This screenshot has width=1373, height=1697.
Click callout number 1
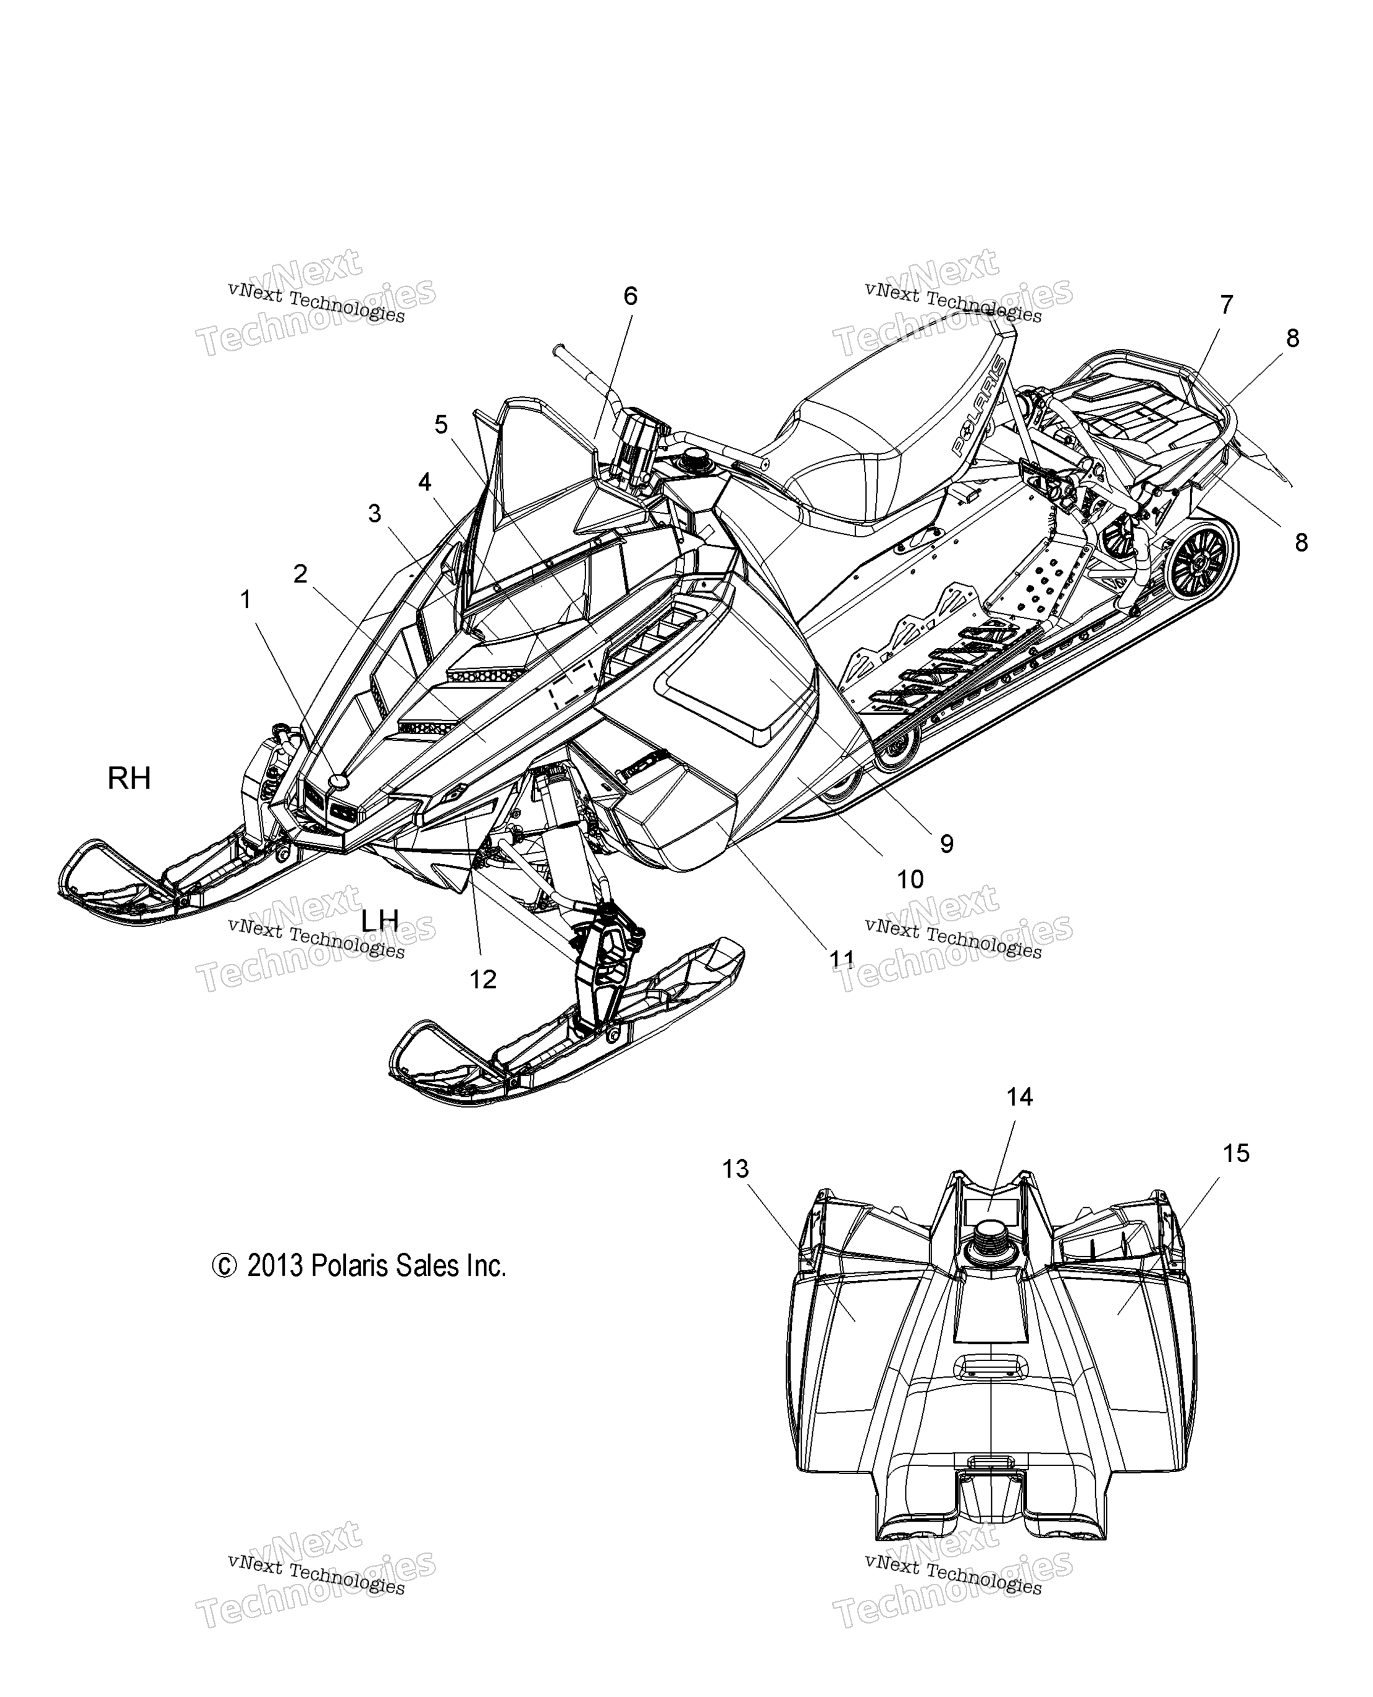coord(246,600)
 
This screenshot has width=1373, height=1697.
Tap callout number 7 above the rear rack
coord(1226,304)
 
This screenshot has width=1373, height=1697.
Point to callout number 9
coord(946,844)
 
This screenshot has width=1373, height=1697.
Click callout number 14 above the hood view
coord(1020,1097)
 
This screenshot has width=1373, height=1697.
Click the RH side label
coord(129,779)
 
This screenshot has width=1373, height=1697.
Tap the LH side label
coord(380,920)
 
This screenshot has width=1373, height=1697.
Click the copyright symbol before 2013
coord(224,1266)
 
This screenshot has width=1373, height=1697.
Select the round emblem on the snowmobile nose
coord(339,781)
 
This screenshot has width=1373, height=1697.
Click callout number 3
coord(374,514)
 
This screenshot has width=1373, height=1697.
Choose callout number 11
coord(841,959)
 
